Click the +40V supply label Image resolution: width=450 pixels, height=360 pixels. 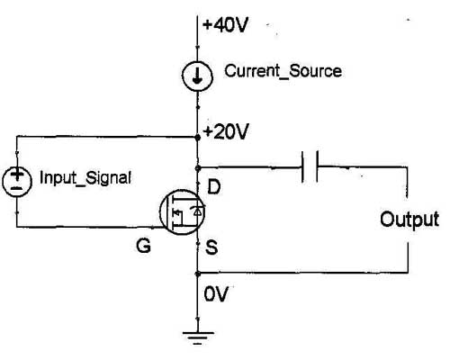tap(225, 24)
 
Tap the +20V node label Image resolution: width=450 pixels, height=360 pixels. tap(226, 131)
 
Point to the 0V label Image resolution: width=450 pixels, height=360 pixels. tap(216, 294)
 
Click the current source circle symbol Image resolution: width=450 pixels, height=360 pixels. tap(197, 76)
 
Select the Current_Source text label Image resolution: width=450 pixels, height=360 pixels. tap(283, 71)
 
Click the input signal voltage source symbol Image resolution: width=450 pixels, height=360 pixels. tap(17, 182)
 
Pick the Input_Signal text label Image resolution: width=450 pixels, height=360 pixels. tap(85, 178)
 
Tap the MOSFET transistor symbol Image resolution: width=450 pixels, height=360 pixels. tap(182, 212)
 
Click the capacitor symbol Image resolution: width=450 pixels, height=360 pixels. tap(310, 166)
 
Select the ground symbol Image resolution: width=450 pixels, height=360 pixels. tap(198, 338)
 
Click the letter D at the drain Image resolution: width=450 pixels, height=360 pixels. tap(214, 187)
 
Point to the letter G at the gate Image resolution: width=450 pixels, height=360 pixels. tap(143, 246)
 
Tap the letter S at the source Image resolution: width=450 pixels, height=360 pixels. tap(211, 247)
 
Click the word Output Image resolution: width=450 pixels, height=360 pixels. tap(409, 220)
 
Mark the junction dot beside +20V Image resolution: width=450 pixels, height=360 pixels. tap(197, 138)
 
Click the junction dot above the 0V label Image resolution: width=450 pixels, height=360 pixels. tap(197, 274)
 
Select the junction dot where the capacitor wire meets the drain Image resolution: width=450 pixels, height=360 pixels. tap(197, 168)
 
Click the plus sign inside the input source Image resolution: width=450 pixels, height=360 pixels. tap(17, 175)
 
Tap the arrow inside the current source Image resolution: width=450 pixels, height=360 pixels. tap(197, 76)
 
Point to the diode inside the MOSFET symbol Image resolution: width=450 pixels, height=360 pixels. tap(198, 211)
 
